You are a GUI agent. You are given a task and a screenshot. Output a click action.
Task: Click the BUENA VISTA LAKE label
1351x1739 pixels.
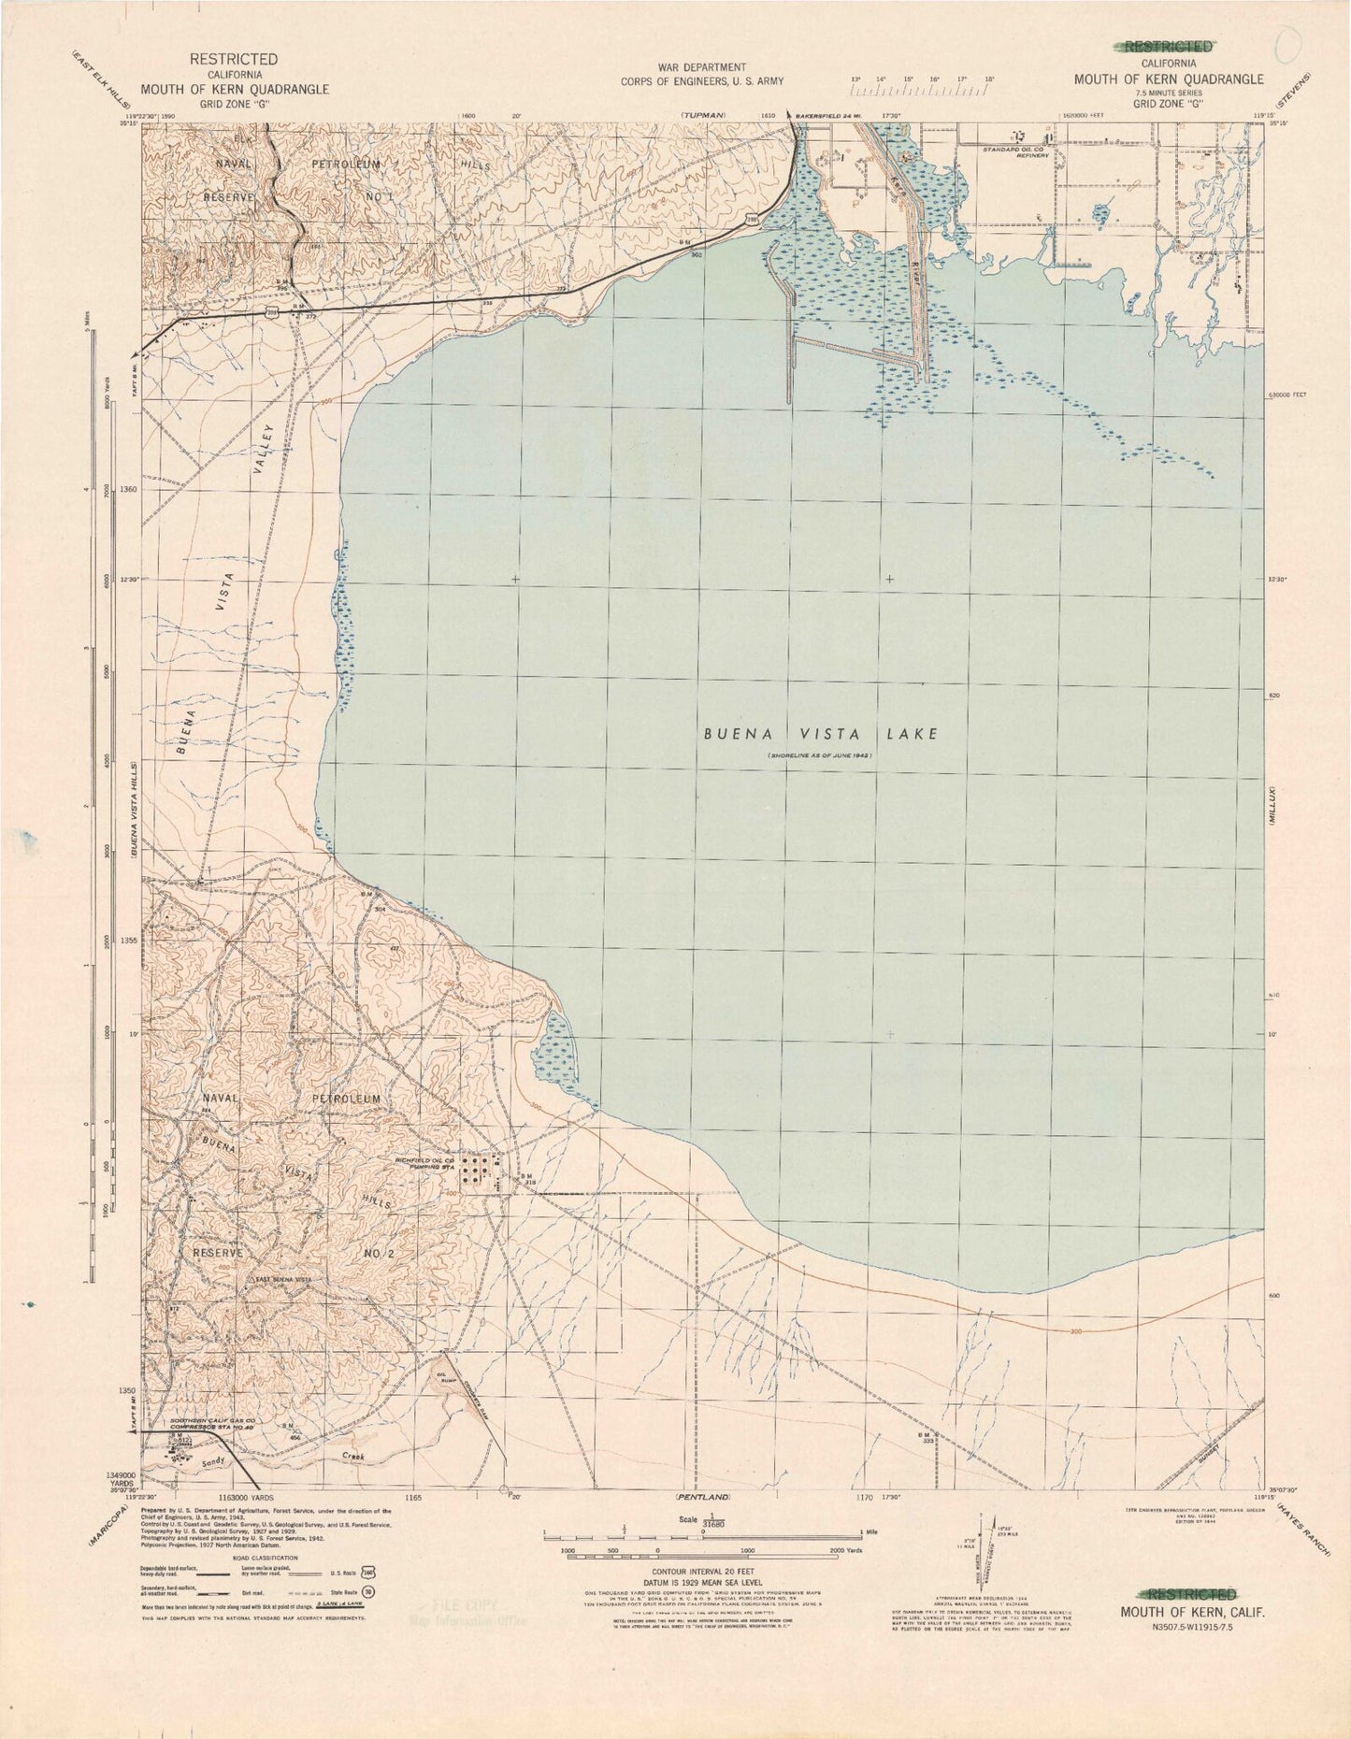[820, 734]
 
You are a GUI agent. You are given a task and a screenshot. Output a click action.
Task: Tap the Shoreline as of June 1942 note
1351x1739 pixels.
[820, 755]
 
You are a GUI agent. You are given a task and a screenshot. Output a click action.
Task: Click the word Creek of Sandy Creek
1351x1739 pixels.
[352, 1457]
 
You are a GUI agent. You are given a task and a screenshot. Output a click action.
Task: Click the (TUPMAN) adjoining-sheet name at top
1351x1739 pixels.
[705, 115]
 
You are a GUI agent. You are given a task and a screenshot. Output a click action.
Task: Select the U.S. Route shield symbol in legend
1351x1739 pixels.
[344, 1573]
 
